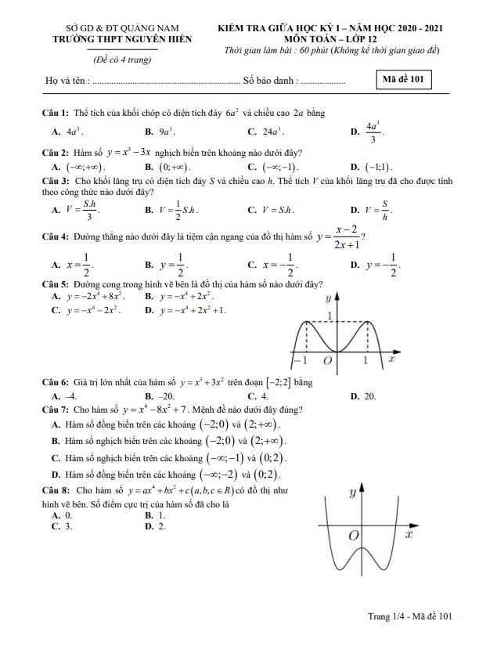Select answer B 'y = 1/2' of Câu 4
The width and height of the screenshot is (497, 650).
171,266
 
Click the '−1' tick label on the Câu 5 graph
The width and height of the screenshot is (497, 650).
300,362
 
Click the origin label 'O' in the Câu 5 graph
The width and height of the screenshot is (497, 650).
328,361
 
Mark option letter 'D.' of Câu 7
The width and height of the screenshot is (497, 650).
56,475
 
